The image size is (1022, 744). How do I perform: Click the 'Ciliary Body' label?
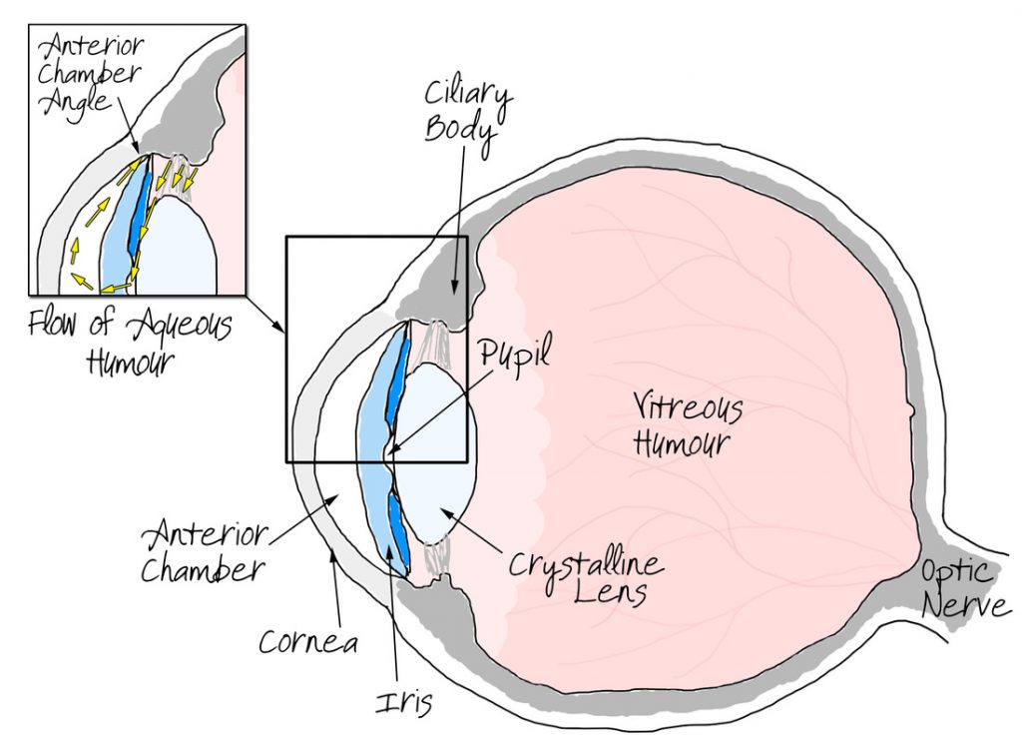(466, 115)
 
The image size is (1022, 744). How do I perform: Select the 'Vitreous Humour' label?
(688, 425)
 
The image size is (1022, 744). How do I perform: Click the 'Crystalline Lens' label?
(585, 576)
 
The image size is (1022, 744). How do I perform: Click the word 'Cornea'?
(308, 642)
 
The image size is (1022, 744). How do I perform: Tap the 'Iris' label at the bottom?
(404, 702)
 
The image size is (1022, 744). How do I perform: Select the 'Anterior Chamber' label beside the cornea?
(204, 551)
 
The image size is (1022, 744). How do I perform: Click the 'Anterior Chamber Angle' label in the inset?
(90, 75)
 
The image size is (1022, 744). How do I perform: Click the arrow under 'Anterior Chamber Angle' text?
(127, 125)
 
